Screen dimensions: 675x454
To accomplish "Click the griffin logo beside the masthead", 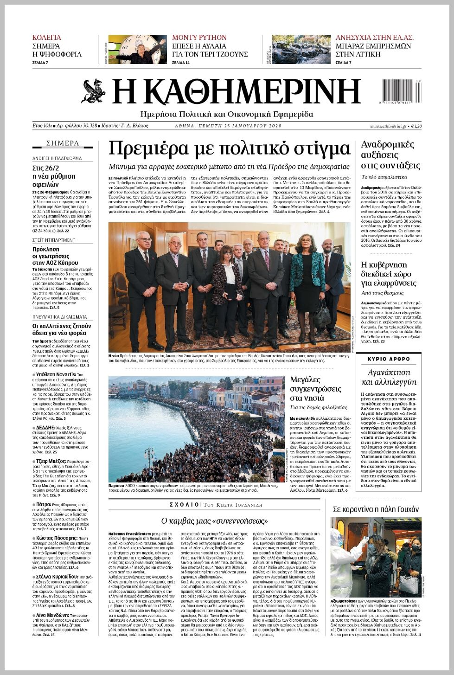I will click(94, 91).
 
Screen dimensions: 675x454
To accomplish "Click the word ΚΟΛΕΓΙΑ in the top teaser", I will click(46, 38).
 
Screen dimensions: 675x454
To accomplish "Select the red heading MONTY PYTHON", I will click(199, 38).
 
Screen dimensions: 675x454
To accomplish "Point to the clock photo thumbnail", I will click(137, 49).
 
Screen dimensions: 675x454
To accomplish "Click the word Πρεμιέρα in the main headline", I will click(151, 148).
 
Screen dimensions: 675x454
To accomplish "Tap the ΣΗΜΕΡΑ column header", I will click(63, 143).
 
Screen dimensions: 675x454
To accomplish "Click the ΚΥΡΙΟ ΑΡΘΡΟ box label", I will click(389, 359).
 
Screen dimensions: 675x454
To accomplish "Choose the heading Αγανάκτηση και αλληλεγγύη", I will click(389, 377).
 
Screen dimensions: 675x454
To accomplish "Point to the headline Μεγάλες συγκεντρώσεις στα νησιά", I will click(315, 389).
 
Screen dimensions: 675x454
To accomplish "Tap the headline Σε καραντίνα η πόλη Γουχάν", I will click(376, 509).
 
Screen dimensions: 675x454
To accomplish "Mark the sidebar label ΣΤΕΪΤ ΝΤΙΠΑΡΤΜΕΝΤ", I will click(54, 240).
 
